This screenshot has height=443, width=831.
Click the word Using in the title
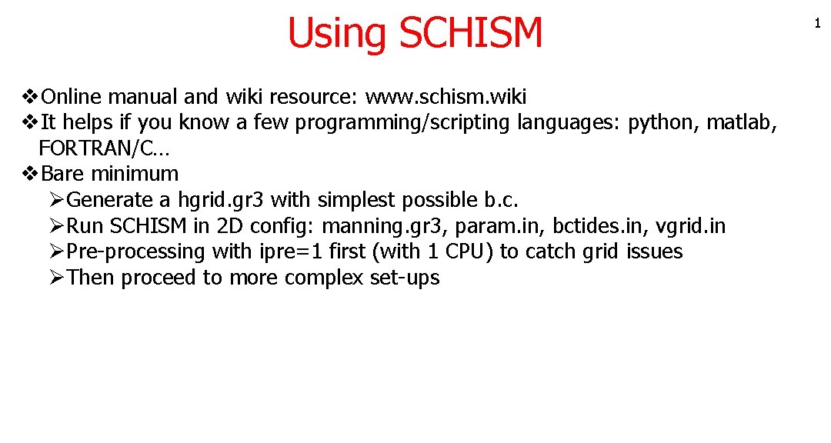[x=337, y=33]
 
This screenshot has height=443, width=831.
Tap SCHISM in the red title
[x=471, y=33]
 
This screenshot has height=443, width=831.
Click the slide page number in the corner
[x=817, y=25]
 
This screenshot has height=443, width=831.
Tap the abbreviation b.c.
[x=502, y=200]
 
